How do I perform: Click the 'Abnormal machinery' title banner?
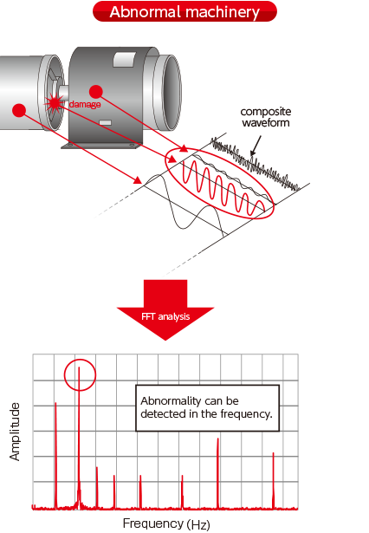pos(184,11)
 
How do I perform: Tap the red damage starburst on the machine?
pos(54,102)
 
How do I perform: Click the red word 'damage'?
pos(85,104)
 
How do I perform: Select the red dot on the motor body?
pos(96,92)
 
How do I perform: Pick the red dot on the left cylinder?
pos(19,110)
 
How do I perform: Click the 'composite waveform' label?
pos(266,117)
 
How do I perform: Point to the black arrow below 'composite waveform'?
pos(256,146)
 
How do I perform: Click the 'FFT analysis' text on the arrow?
pos(165,316)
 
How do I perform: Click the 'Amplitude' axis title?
pos(15,432)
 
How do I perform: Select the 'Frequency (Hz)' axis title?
pos(166,523)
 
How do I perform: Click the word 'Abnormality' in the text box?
pos(165,401)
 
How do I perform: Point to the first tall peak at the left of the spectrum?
pos(55,456)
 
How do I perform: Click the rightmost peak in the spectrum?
pos(273,480)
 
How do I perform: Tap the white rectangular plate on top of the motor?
pos(124,59)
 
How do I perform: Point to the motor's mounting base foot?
pos(101,146)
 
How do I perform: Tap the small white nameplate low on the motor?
pos(106,122)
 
